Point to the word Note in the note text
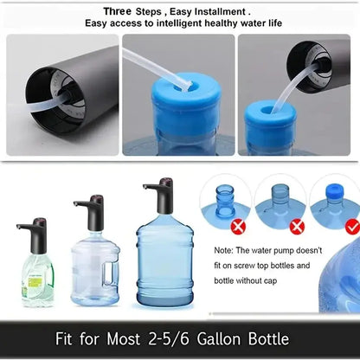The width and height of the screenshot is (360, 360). (x=224, y=249)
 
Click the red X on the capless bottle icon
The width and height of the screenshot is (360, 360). (x=296, y=227)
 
